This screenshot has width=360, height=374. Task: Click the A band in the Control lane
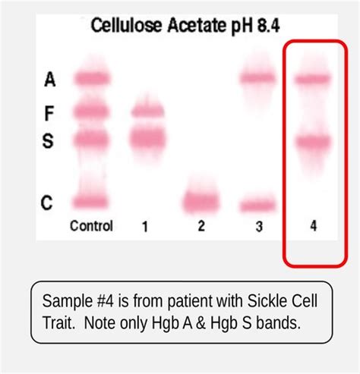tap(92, 79)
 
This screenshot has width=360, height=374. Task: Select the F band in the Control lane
tap(91, 112)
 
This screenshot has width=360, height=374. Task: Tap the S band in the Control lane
tap(91, 140)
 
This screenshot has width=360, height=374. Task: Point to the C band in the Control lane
tap(90, 202)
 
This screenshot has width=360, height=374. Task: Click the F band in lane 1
tap(148, 112)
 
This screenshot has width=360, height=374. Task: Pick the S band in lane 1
tap(148, 139)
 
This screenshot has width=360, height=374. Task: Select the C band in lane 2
tap(201, 202)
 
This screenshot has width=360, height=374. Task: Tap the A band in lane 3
tap(257, 78)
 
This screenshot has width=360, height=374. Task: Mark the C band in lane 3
tap(257, 206)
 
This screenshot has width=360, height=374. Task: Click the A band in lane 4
tap(313, 79)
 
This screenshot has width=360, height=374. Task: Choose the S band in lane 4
tap(314, 141)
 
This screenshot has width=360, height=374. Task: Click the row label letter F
tap(49, 114)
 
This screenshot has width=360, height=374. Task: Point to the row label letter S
tap(48, 140)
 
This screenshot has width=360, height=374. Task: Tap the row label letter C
tap(47, 203)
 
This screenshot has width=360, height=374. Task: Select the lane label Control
tap(91, 225)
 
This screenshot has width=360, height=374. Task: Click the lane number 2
tap(201, 226)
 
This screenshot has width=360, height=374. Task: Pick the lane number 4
tap(314, 226)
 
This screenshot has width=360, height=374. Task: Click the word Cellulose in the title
tap(126, 25)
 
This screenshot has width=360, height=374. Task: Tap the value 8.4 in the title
tap(268, 26)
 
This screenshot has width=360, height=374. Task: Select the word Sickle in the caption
tap(267, 301)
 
